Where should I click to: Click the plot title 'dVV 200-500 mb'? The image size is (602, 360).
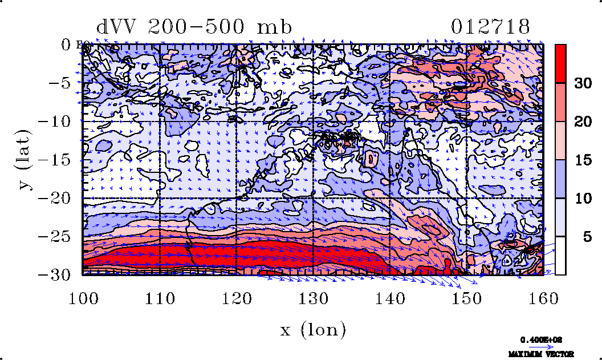[x=194, y=26]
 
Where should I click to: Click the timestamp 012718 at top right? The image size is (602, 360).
[x=491, y=26]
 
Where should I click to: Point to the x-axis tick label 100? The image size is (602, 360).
[x=83, y=298]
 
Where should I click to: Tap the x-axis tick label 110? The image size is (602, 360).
[x=160, y=298]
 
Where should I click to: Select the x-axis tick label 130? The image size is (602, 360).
[x=313, y=298]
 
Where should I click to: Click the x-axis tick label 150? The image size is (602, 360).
[x=466, y=298]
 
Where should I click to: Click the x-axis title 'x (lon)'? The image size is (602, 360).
[x=313, y=329]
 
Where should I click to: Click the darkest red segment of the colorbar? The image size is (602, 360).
[x=561, y=63]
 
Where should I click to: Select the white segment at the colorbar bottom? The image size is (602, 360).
[x=561, y=256]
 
